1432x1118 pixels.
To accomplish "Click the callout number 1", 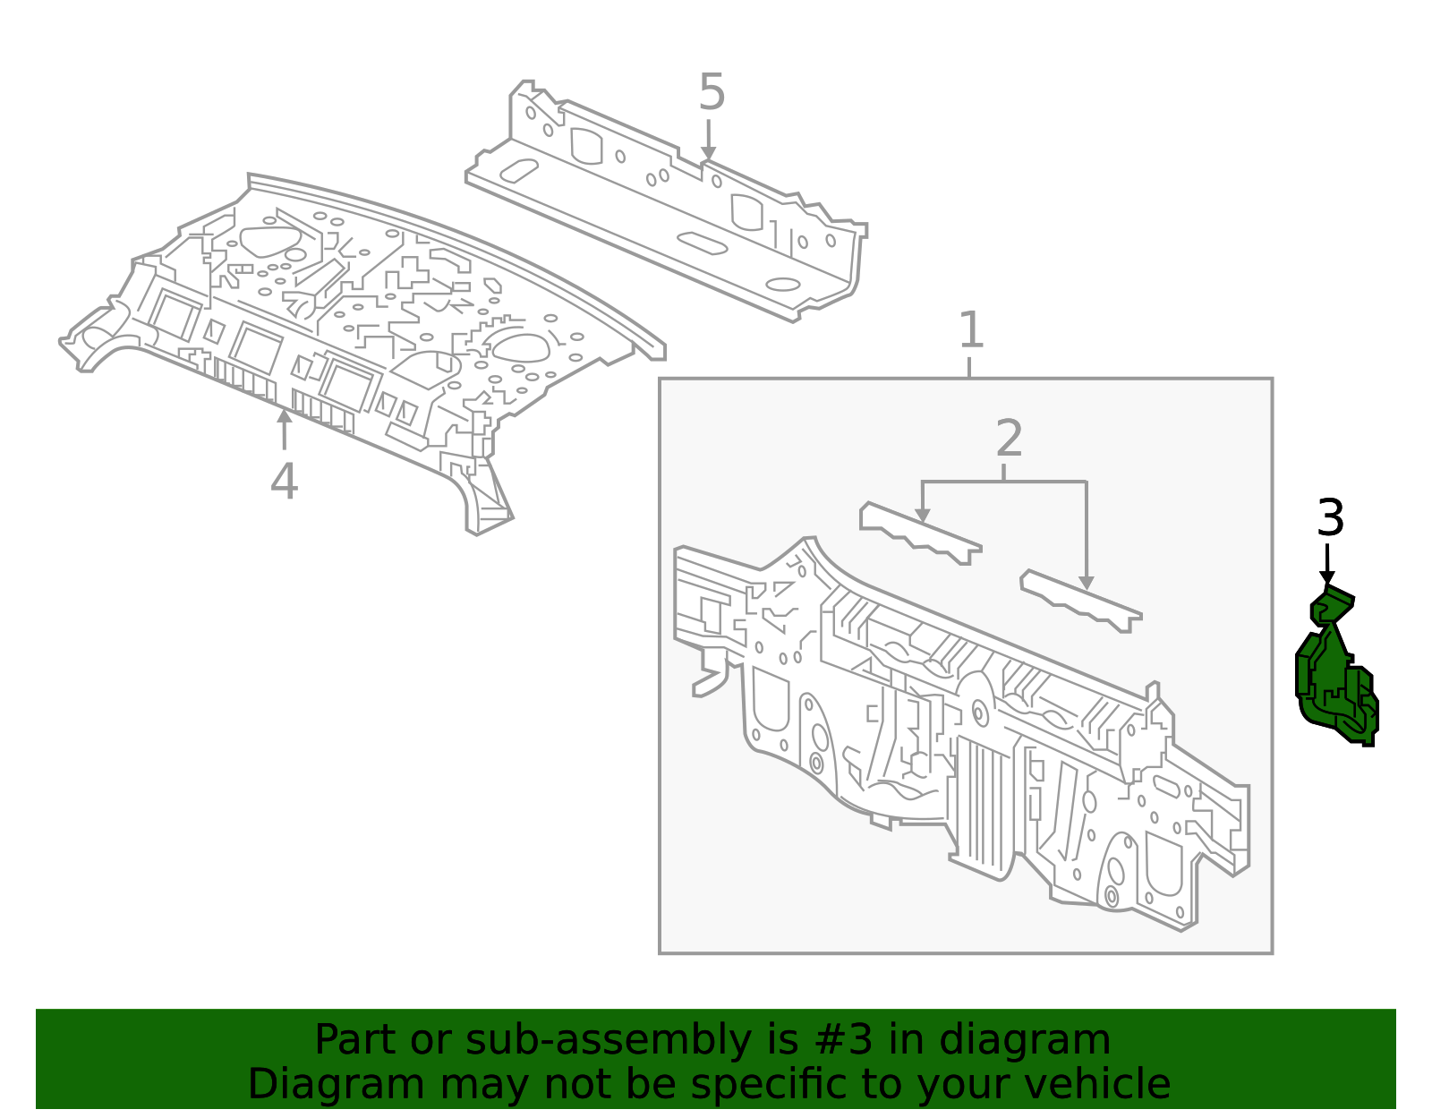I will tap(971, 331).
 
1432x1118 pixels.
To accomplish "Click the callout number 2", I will tap(1009, 440).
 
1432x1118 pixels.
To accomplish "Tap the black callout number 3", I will tap(1330, 518).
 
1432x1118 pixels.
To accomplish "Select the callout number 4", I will tap(284, 482).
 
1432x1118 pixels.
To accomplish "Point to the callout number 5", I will tap(712, 93).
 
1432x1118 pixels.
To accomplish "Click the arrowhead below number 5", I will tap(708, 155).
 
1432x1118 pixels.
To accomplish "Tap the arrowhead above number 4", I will tap(284, 415).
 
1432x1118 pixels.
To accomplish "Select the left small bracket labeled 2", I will tap(918, 533).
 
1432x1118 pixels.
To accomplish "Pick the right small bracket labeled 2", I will tap(1079, 602).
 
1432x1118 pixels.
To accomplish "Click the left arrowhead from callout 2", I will tap(922, 516).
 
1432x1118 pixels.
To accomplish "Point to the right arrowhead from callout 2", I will tap(1086, 583).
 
